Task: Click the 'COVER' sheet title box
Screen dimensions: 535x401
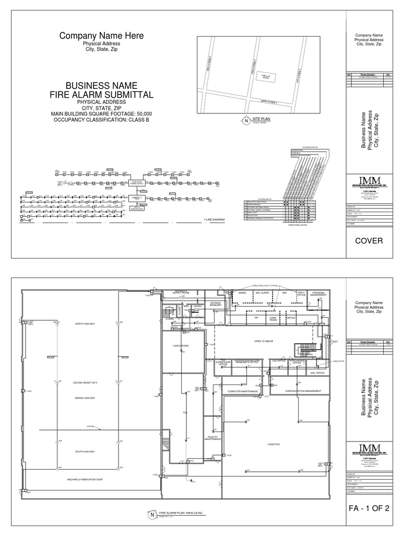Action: (x=370, y=241)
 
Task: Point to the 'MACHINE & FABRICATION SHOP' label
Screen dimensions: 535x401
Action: (x=86, y=479)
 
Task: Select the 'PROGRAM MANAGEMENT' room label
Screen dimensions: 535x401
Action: (x=318, y=294)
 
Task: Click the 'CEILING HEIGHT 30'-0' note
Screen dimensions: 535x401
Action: (x=86, y=383)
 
